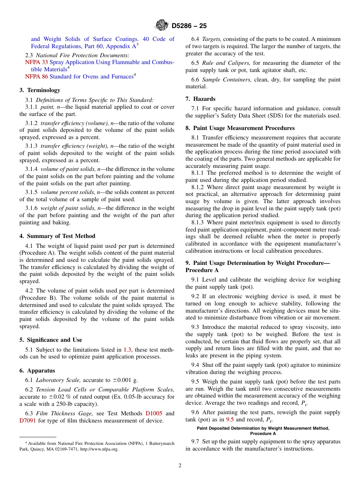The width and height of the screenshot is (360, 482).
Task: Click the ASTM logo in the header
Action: (162, 26)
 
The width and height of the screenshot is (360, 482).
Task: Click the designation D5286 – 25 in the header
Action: (189, 26)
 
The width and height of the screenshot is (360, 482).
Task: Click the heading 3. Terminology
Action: (39, 90)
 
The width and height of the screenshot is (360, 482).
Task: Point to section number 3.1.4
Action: (31, 169)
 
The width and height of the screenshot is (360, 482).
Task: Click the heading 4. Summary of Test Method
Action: (57, 236)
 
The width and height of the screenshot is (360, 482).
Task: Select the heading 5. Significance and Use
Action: (51, 340)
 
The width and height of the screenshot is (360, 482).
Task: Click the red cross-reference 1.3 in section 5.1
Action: (127, 349)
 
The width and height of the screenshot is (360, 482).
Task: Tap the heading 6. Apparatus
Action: (37, 371)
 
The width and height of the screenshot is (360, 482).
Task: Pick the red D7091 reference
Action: (28, 421)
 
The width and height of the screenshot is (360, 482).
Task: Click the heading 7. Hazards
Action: (200, 99)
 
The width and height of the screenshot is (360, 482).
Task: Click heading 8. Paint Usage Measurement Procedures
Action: (240, 128)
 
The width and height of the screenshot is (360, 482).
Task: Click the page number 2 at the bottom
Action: (180, 466)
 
